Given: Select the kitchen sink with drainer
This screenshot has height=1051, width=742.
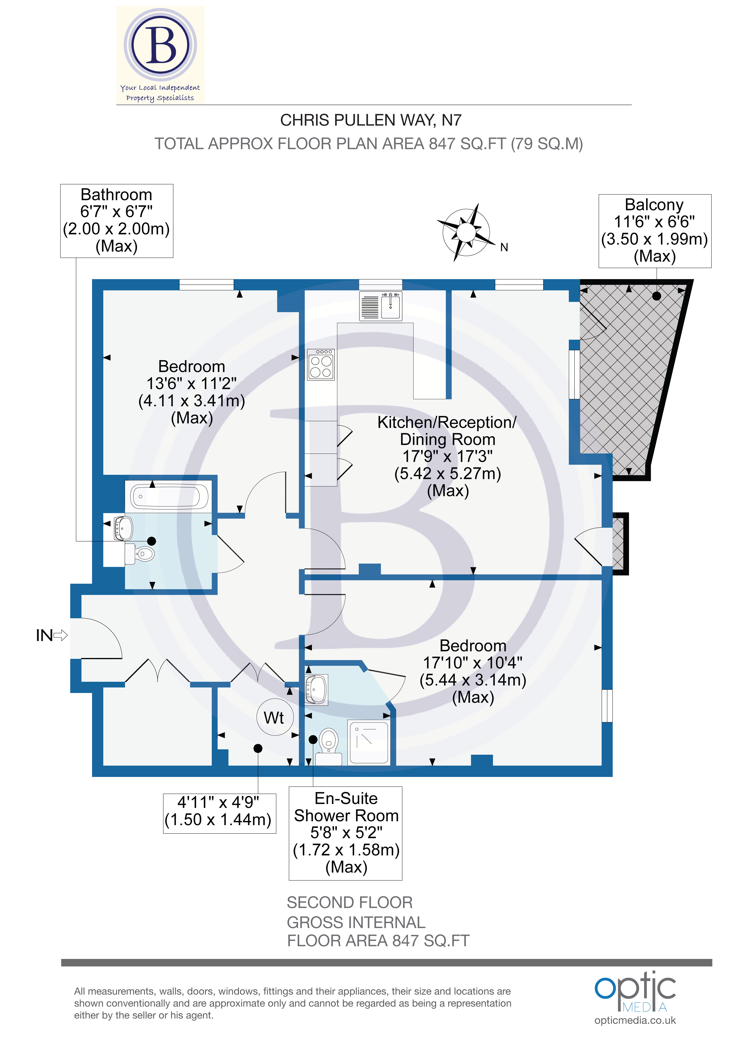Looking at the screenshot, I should (381, 306).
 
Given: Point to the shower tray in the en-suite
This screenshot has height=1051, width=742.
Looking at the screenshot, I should (369, 742).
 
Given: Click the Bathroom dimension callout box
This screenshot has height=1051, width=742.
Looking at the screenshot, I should (117, 221).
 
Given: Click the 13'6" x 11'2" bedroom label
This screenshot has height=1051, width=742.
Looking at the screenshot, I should (192, 392).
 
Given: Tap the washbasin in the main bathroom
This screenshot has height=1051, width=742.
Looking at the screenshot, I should (123, 528).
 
